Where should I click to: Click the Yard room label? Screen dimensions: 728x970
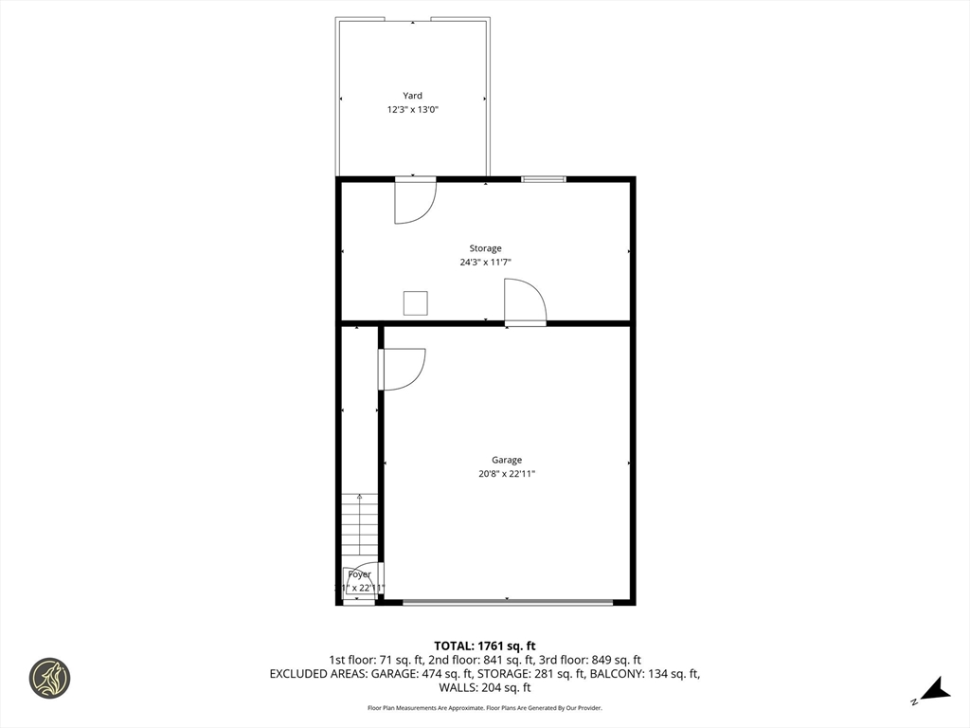point(412,96)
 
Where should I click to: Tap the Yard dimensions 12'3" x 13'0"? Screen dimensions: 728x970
point(412,110)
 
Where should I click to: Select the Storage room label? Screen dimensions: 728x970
point(485,248)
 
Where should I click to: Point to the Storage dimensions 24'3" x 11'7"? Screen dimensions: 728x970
point(485,263)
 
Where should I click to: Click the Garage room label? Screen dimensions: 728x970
point(507,460)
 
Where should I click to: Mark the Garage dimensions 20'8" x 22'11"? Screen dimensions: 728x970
point(507,474)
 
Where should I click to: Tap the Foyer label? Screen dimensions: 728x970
point(359,574)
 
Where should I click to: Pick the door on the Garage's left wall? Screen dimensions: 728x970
point(402,369)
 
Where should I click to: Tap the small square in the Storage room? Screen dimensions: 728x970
point(416,302)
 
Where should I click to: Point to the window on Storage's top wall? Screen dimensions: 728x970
point(544,178)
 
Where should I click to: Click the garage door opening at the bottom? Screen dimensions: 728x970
point(508,602)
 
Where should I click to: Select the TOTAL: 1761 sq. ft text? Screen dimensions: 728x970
point(485,646)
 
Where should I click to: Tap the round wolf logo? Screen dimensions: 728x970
point(49,678)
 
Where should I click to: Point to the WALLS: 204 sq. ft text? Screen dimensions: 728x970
point(485,687)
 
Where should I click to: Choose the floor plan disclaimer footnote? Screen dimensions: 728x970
point(485,708)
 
